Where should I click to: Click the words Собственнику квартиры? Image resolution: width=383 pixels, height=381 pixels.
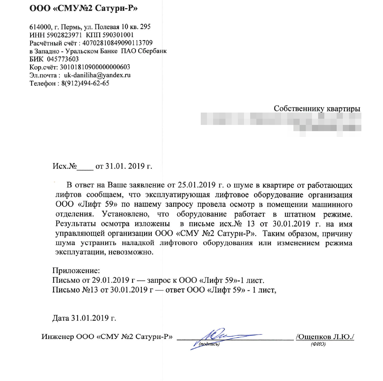317,109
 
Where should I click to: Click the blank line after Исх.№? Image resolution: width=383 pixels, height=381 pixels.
85,167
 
